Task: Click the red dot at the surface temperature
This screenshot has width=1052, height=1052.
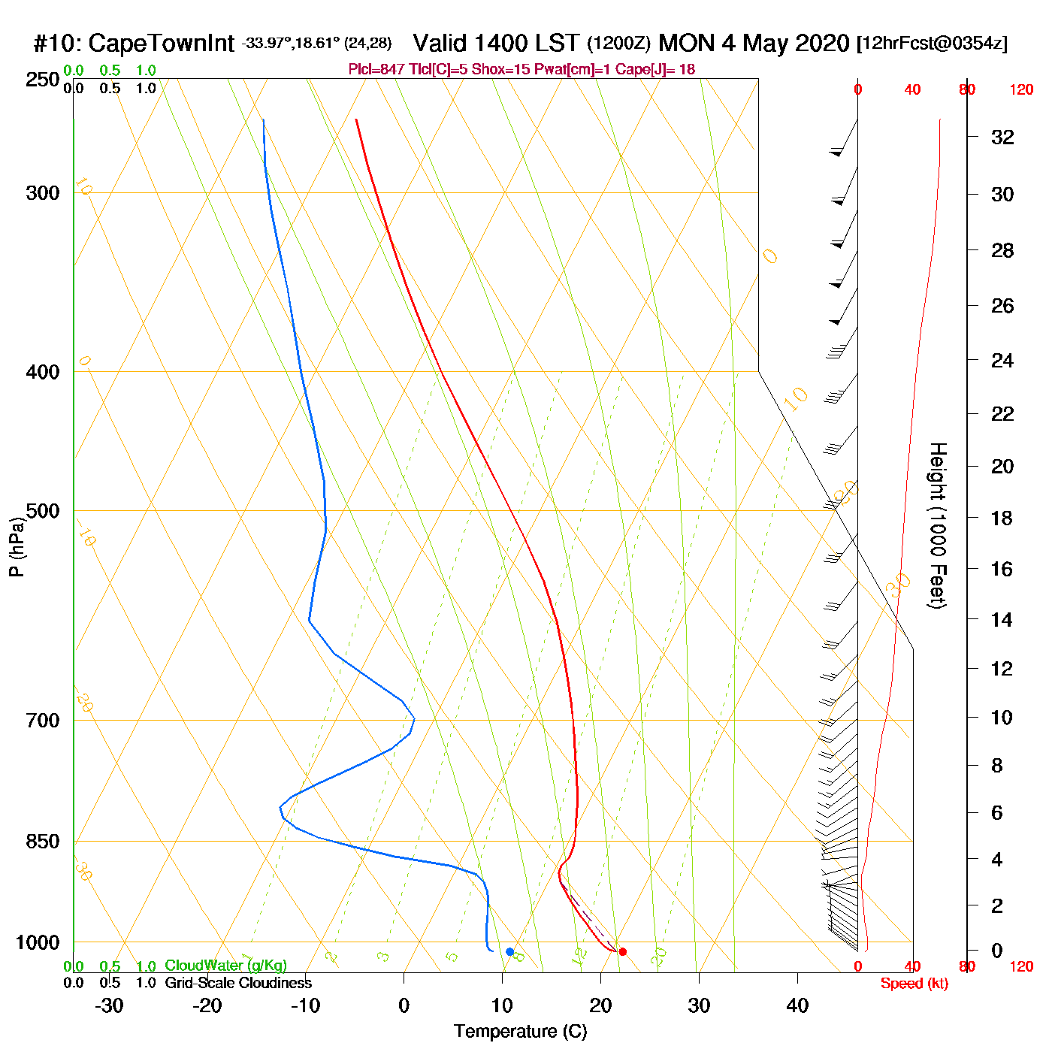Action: pyautogui.click(x=622, y=952)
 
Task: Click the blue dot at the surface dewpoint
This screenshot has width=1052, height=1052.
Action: pyautogui.click(x=509, y=952)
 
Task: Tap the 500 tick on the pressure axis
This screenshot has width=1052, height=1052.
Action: pyautogui.click(x=43, y=511)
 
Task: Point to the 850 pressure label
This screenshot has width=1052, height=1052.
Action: pyautogui.click(x=43, y=842)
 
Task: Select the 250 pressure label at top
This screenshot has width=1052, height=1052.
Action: pyautogui.click(x=43, y=80)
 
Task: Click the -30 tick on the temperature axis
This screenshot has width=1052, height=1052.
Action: pyautogui.click(x=109, y=1005)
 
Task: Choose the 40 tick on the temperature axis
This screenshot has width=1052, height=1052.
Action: pyautogui.click(x=797, y=1005)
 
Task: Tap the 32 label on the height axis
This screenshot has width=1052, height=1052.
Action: pyautogui.click(x=1002, y=137)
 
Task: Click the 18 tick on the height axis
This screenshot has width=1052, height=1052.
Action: pyautogui.click(x=1002, y=518)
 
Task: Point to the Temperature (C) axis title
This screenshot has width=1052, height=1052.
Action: pyautogui.click(x=520, y=1032)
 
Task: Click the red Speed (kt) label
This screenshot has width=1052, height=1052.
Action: pyautogui.click(x=914, y=984)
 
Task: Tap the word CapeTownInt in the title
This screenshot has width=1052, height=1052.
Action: pyautogui.click(x=161, y=44)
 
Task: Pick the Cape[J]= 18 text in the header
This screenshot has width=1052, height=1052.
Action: pyautogui.click(x=655, y=70)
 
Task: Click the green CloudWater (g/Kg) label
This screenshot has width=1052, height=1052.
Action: pyautogui.click(x=225, y=966)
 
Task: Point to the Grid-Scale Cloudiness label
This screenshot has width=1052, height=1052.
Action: pyautogui.click(x=238, y=983)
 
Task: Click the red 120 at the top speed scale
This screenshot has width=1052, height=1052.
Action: pyautogui.click(x=1021, y=90)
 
